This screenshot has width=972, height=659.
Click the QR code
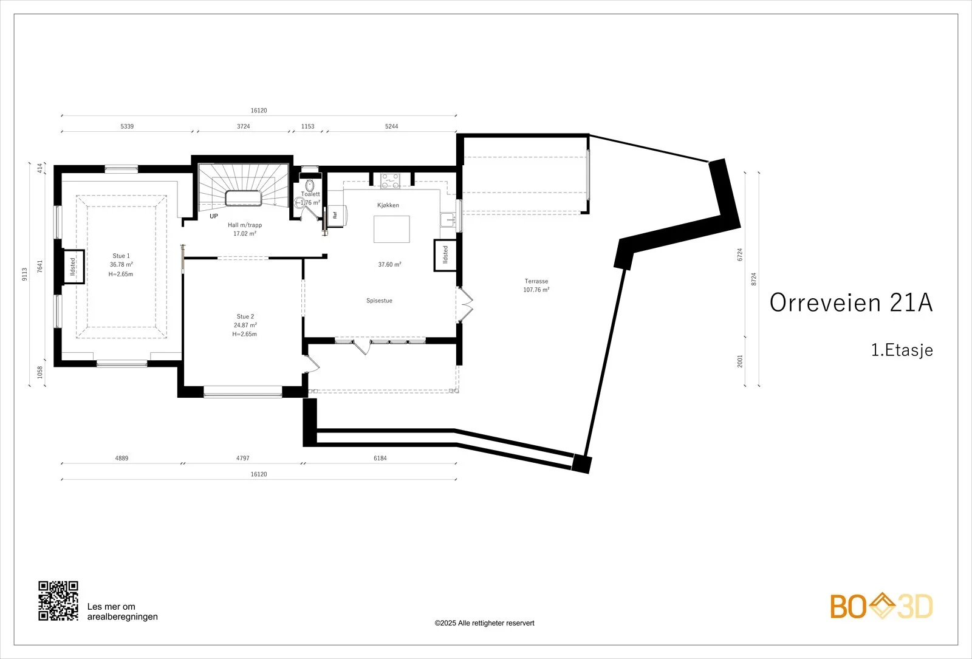point(58,601)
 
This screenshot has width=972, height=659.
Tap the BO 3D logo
point(881,606)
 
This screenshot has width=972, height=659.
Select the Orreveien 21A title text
point(851,302)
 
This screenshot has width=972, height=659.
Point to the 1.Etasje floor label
point(902,350)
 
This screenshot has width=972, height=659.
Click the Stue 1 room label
point(121,256)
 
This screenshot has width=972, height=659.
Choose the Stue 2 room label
point(245,316)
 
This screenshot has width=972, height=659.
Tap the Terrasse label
point(536,281)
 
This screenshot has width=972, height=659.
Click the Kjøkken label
point(388,205)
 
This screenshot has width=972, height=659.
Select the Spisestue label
point(379,301)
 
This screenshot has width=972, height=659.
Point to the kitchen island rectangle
point(391,229)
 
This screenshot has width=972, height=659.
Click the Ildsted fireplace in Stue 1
point(74,267)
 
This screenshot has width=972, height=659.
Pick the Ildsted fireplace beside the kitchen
point(445,255)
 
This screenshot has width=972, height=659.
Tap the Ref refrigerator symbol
point(337,215)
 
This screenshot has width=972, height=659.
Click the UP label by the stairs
point(214,216)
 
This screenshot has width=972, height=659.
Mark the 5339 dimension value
point(127,126)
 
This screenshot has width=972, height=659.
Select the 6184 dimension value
point(380,458)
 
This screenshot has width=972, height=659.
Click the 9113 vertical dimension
point(25,274)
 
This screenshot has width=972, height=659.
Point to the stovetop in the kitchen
point(390,181)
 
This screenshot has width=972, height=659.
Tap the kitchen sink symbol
point(447,219)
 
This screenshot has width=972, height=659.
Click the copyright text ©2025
point(484,623)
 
